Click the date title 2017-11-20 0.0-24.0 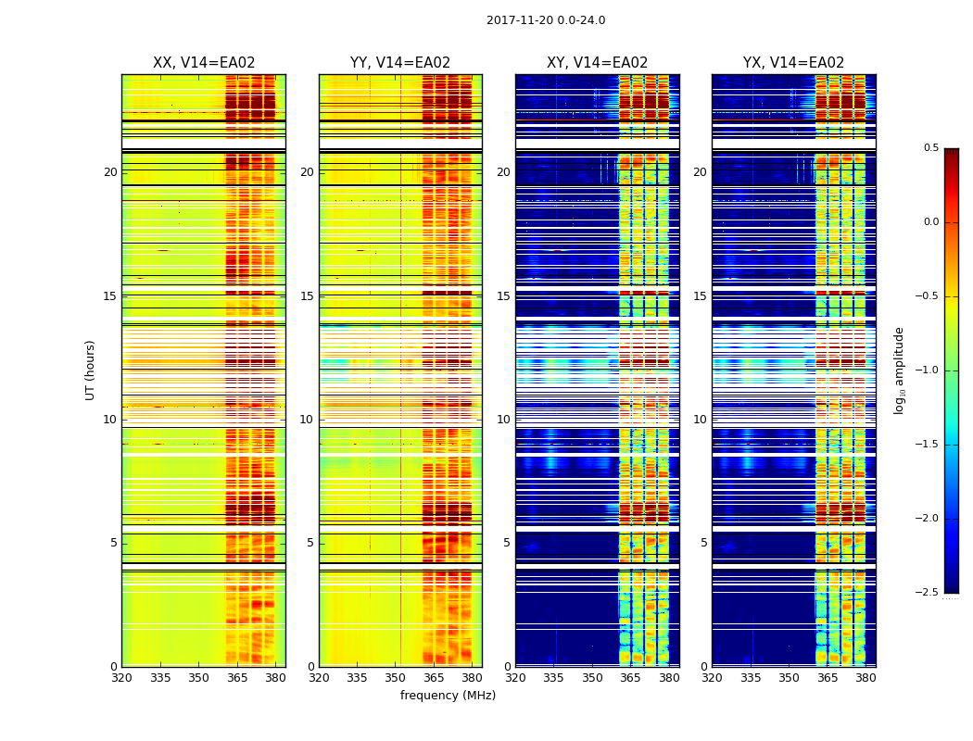[546, 20]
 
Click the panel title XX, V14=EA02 [204, 63]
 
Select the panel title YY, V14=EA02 [400, 63]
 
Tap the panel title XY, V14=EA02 [597, 63]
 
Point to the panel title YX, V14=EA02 [793, 63]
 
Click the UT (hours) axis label [91, 370]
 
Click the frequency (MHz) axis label [448, 696]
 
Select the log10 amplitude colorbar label [899, 370]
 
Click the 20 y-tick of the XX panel [111, 172]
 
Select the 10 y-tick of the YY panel [308, 420]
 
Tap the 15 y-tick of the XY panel [504, 296]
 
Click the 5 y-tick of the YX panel [703, 543]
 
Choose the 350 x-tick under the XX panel [198, 678]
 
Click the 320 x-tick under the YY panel [319, 678]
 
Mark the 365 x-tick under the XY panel [631, 678]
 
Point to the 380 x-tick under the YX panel [866, 678]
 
